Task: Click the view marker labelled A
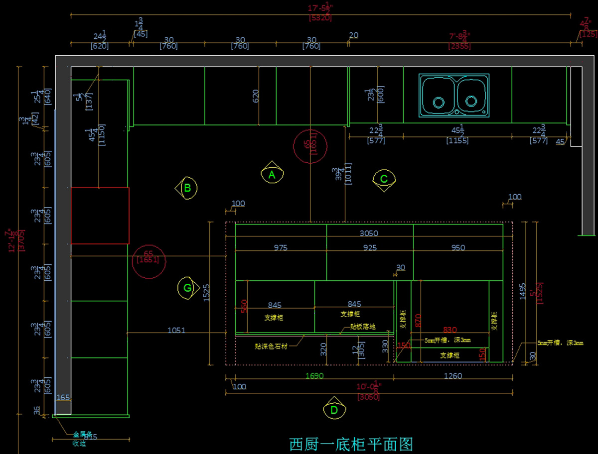(x=272, y=174)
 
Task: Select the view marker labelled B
(x=187, y=188)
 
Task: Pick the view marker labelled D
(x=334, y=409)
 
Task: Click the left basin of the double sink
(x=439, y=97)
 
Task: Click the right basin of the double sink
(x=471, y=97)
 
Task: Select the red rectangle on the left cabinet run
(x=100, y=216)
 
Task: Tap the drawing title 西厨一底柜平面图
(x=351, y=444)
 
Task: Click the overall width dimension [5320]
(x=320, y=18)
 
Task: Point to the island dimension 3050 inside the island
(x=369, y=233)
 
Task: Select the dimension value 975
(x=281, y=247)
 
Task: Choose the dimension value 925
(x=370, y=247)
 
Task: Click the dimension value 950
(x=458, y=247)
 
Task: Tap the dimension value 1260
(x=452, y=376)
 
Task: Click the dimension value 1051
(x=176, y=330)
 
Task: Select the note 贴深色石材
(x=271, y=345)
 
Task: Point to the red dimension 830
(x=450, y=329)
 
